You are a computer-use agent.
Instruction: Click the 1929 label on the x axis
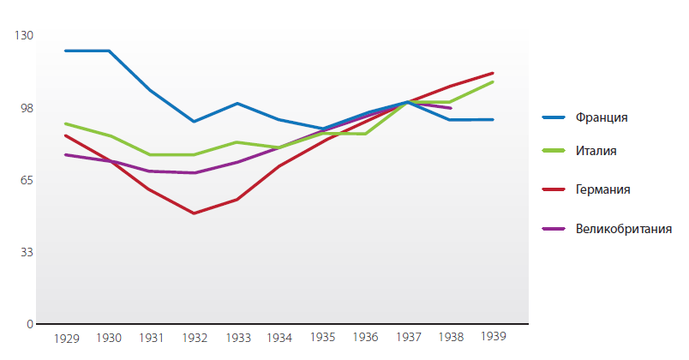click(x=66, y=339)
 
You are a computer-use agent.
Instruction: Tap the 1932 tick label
click(x=195, y=339)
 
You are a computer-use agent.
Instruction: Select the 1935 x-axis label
click(x=322, y=339)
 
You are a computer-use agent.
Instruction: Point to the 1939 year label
click(x=493, y=335)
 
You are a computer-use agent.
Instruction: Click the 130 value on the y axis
click(x=24, y=35)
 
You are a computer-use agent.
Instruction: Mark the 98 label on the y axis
click(x=27, y=108)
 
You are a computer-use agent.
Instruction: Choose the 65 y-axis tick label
click(x=27, y=180)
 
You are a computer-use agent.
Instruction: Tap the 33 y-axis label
click(x=27, y=252)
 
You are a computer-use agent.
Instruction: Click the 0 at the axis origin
click(x=29, y=325)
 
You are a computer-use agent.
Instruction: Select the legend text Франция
click(x=602, y=117)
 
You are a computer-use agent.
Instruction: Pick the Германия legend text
click(x=603, y=189)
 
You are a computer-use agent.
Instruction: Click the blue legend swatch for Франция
click(x=555, y=117)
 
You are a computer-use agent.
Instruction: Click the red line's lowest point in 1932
click(x=195, y=213)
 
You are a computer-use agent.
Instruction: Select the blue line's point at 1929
click(x=66, y=51)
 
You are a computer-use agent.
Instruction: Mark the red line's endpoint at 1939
click(x=493, y=73)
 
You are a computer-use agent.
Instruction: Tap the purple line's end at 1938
click(x=450, y=108)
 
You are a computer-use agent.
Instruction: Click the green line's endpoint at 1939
click(x=493, y=81)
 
